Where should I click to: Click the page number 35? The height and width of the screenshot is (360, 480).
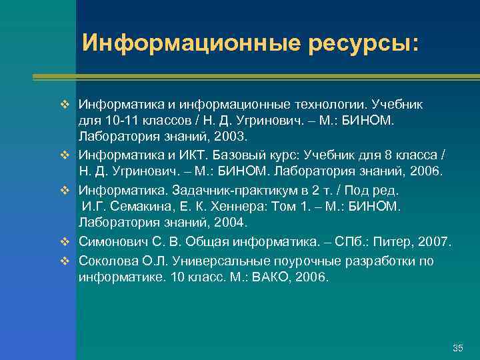(457, 349)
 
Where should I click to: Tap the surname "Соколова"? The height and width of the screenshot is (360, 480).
(105, 260)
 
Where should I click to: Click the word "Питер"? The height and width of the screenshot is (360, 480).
(387, 240)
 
